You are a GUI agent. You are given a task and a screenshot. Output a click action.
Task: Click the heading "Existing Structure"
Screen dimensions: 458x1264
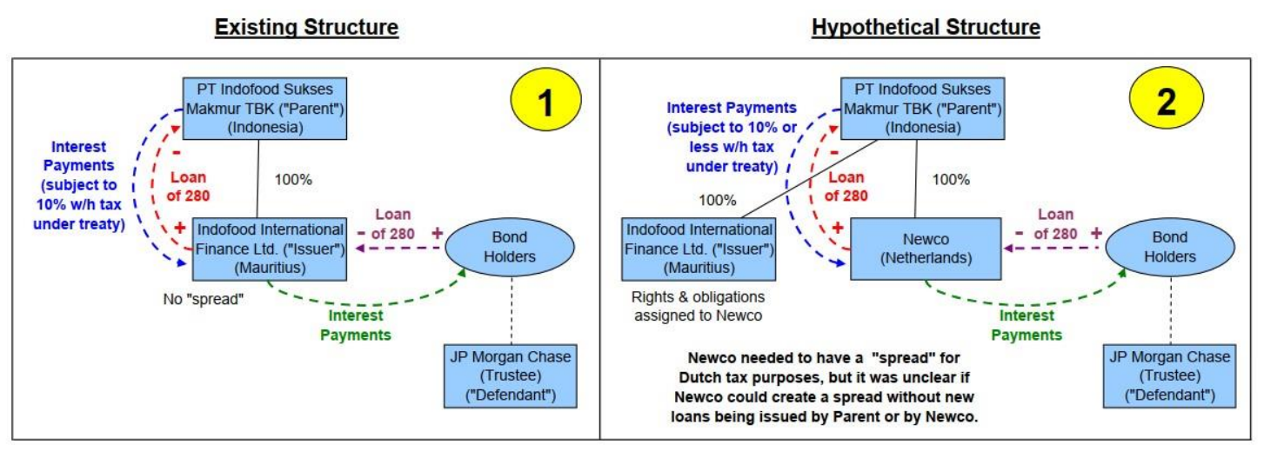tap(306, 28)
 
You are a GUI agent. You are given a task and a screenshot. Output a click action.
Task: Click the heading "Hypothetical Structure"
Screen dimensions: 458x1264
tap(926, 28)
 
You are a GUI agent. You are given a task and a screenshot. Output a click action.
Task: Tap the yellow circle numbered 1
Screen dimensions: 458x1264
tap(545, 103)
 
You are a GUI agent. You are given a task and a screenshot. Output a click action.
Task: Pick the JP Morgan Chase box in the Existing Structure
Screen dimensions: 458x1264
tap(512, 376)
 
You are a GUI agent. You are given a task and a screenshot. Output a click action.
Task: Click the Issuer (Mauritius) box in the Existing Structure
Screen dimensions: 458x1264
tap(271, 248)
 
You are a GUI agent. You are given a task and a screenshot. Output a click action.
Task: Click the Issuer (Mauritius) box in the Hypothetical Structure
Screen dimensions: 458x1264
tap(699, 248)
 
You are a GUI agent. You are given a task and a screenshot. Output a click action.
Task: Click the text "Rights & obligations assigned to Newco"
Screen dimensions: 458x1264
tap(699, 305)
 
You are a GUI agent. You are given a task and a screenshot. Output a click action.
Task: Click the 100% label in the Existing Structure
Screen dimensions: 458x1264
tap(293, 180)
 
